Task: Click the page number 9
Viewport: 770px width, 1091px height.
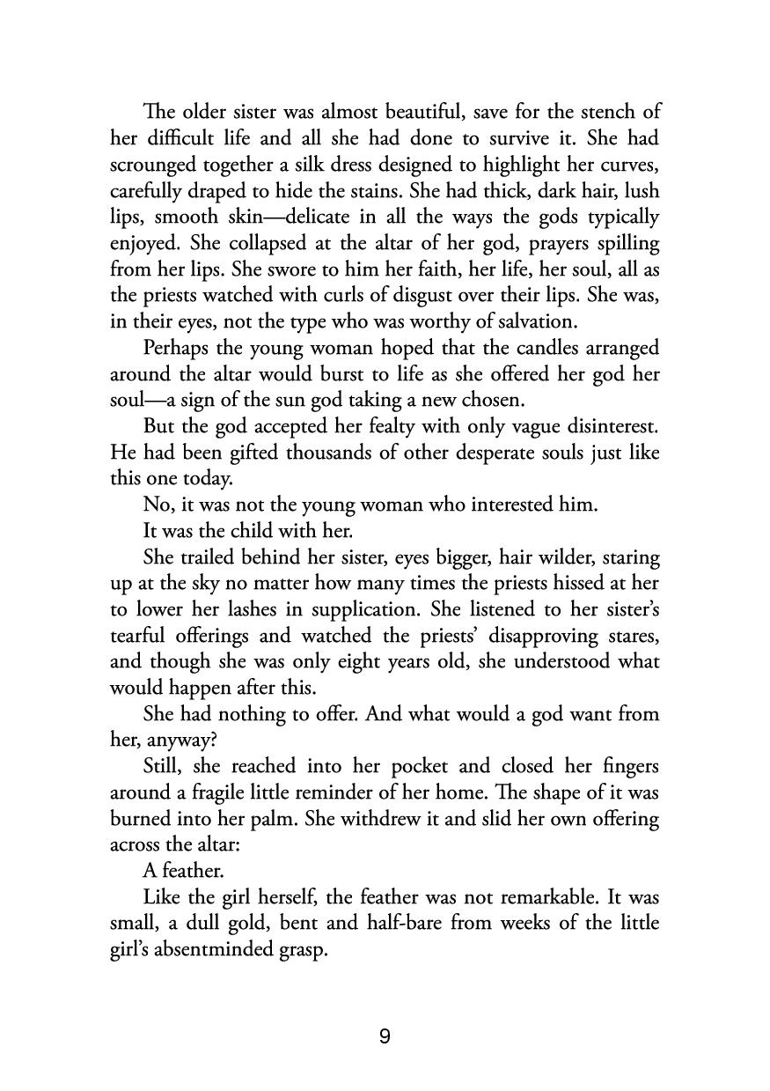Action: click(385, 1036)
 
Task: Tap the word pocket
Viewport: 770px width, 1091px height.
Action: click(416, 765)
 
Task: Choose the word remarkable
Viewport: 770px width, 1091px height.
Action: click(578, 897)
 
